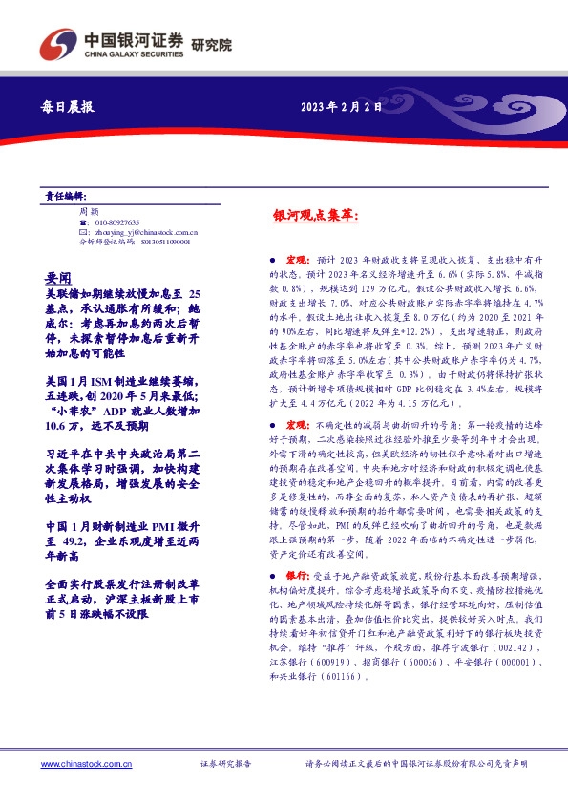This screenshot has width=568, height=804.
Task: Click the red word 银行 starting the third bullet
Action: pos(296,578)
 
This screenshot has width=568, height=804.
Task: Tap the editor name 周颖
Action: pos(88,211)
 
